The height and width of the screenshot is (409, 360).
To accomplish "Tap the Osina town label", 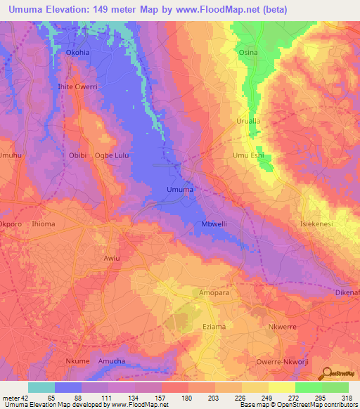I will [x=248, y=52].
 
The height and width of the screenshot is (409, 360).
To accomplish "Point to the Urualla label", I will [x=247, y=121].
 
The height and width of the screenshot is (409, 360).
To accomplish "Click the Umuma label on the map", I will [x=179, y=190].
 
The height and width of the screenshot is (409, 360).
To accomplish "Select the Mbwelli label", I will [x=214, y=224].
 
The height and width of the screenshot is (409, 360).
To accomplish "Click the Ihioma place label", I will [x=44, y=224].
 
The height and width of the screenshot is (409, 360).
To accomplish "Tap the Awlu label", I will [x=112, y=258].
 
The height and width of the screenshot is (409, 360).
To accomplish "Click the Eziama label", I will [x=215, y=327].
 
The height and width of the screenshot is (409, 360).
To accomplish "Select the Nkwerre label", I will [x=283, y=327].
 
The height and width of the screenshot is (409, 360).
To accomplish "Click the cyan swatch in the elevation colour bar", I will [x=41, y=387].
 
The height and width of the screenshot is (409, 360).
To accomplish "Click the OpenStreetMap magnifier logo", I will [x=326, y=372].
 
